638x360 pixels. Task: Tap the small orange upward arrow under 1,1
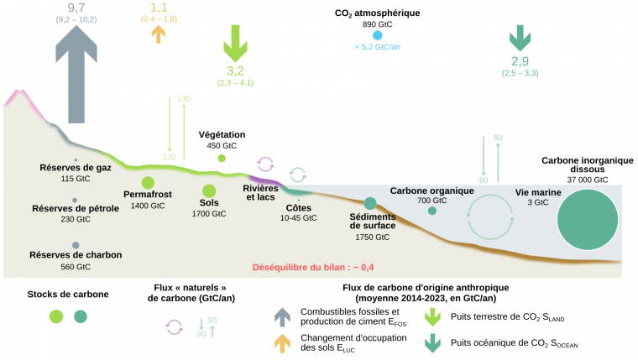(156, 33)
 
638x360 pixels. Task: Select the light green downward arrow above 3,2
(234, 41)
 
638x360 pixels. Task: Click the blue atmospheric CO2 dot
(377, 35)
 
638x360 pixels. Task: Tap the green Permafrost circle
(148, 183)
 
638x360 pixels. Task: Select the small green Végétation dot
(222, 158)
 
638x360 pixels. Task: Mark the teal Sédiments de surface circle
(369, 204)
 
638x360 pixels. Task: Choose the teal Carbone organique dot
(431, 211)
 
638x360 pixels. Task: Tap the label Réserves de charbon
(76, 255)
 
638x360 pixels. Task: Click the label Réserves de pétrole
(76, 208)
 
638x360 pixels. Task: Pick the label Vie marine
(537, 191)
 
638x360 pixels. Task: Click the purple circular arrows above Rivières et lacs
(265, 164)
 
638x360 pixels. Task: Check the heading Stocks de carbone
(67, 295)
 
